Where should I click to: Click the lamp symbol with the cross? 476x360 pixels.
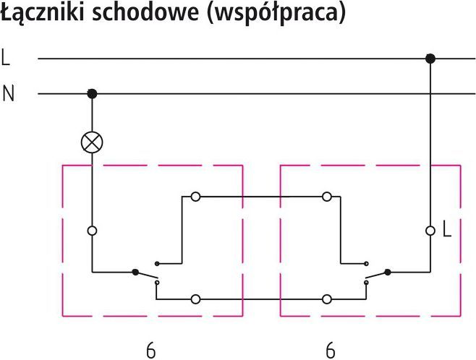[x=92, y=142]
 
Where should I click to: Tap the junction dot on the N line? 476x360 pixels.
[x=92, y=93]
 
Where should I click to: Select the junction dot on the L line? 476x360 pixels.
[x=430, y=59]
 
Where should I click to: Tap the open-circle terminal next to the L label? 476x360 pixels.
[x=430, y=231]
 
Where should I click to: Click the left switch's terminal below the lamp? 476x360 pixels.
[x=92, y=231]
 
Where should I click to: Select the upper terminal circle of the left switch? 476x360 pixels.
[x=195, y=196]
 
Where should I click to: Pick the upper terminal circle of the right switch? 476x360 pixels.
[x=327, y=196]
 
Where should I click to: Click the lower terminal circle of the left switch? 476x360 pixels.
[x=195, y=298]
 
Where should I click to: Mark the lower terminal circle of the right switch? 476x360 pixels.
[x=327, y=298]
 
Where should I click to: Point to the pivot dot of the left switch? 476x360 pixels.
[x=135, y=273]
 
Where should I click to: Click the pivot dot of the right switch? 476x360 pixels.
[x=388, y=273]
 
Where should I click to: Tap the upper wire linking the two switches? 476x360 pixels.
[x=261, y=196]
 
